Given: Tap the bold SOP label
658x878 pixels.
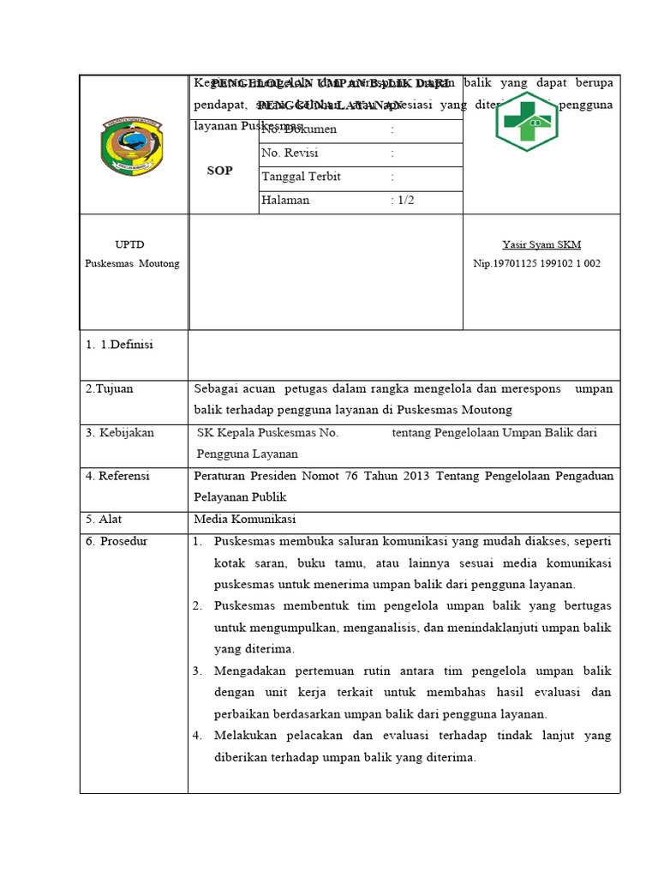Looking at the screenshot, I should point(220,171).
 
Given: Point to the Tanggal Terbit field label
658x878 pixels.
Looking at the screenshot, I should point(302,177).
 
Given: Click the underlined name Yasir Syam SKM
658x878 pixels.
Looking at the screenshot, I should point(541,244).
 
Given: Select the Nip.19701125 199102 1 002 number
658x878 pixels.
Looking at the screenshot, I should point(537,263).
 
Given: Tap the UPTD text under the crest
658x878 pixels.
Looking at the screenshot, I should point(132,244).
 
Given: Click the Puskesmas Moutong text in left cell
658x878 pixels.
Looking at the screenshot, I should point(132,263).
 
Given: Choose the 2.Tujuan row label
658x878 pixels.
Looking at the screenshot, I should point(109,388).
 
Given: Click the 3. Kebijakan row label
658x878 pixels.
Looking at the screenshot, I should point(119,432).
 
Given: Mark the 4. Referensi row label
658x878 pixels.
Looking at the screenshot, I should point(117,475).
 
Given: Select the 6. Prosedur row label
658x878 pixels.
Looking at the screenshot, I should point(117,540).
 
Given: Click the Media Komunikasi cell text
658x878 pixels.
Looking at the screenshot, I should point(244,519).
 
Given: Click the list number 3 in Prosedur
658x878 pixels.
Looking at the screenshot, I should point(196,671).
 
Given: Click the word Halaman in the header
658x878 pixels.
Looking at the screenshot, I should point(285,200).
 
